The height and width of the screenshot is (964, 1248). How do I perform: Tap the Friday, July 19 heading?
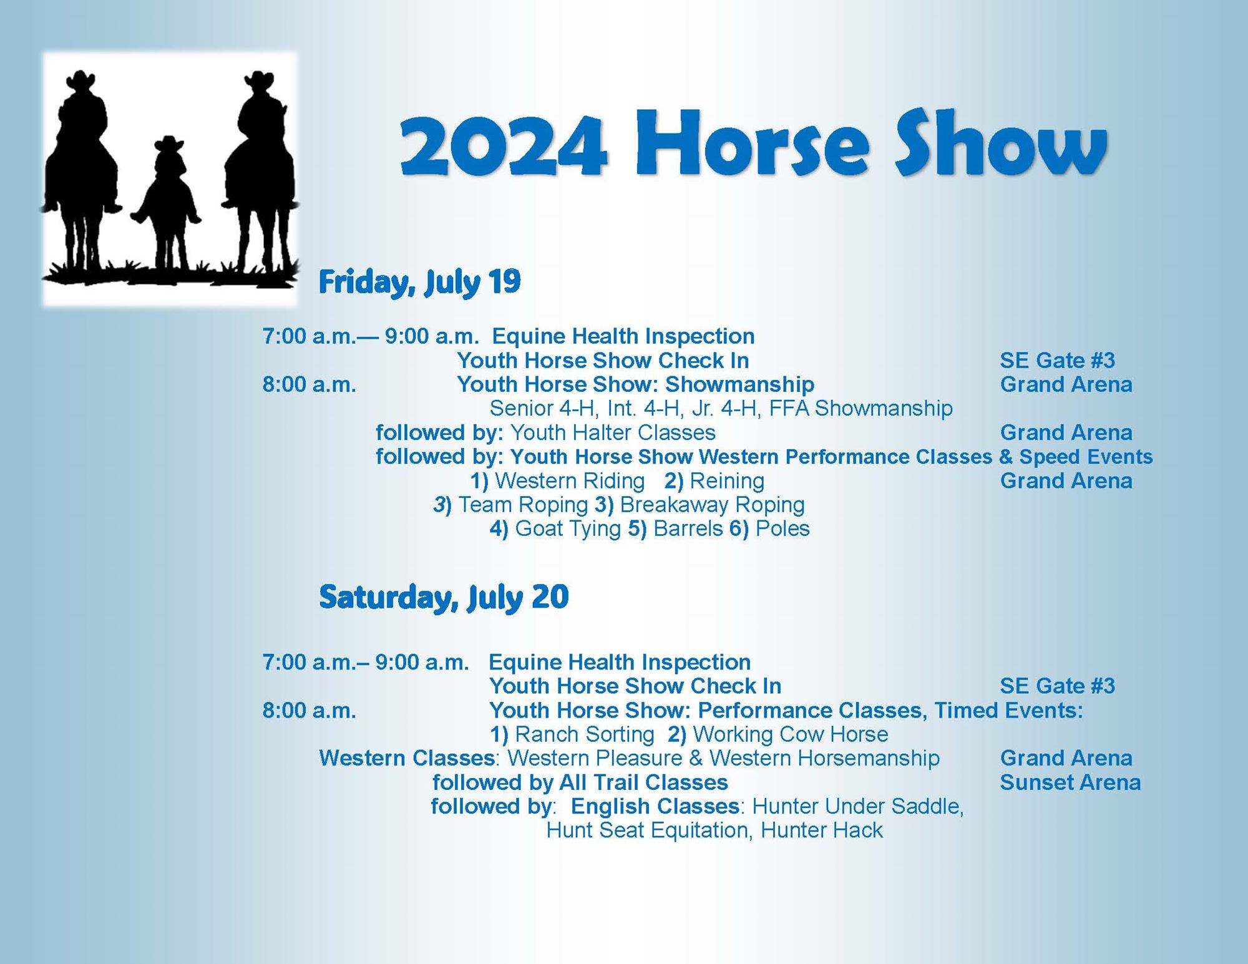click(x=419, y=282)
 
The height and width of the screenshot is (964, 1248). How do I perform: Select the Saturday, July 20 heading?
click(x=444, y=597)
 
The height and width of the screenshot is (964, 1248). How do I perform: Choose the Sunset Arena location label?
click(x=1070, y=782)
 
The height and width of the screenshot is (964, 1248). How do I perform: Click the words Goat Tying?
click(x=568, y=529)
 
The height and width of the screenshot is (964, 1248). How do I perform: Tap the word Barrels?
click(x=688, y=529)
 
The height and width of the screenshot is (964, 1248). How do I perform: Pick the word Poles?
click(x=782, y=529)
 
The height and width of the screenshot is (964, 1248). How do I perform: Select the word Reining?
click(x=727, y=481)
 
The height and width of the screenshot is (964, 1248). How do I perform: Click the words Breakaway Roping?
click(x=712, y=505)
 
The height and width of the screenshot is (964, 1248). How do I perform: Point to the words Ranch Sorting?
click(x=585, y=734)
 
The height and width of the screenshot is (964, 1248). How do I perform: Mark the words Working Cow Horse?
click(x=790, y=734)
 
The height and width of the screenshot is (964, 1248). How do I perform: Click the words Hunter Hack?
click(x=822, y=830)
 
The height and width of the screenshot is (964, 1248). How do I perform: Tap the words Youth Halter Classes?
click(x=613, y=433)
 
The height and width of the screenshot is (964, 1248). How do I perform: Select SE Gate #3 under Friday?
click(x=1057, y=361)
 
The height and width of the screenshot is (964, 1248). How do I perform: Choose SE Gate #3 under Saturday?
click(x=1057, y=686)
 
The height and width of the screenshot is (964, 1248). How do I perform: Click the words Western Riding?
click(x=569, y=481)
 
